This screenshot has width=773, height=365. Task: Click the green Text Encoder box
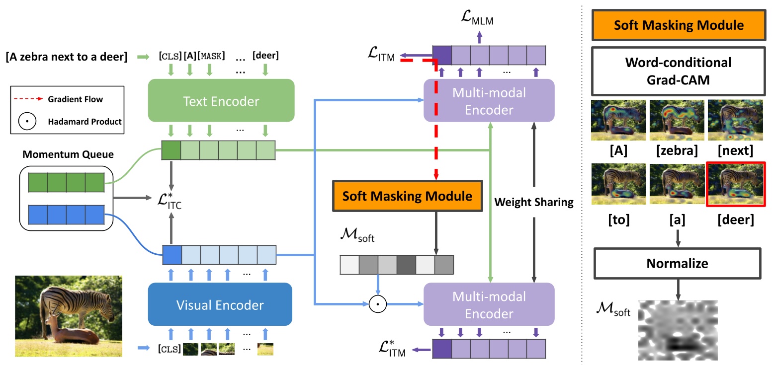click(221, 101)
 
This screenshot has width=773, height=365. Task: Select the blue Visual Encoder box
click(220, 304)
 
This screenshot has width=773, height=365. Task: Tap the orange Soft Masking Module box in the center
click(408, 196)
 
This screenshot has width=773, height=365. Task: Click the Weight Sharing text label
click(534, 202)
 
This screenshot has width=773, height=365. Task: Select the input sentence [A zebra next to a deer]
click(67, 57)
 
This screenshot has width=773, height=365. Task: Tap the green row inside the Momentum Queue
click(66, 182)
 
